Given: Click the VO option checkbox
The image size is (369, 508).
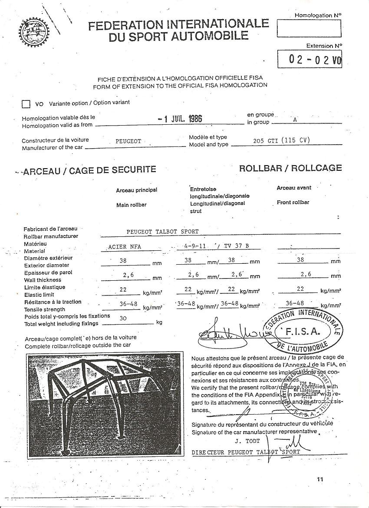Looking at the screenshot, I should pyautogui.click(x=26, y=104).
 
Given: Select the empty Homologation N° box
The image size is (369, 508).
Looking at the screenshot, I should pyautogui.click(x=309, y=29).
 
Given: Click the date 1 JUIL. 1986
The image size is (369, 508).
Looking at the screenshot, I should pyautogui.click(x=180, y=119).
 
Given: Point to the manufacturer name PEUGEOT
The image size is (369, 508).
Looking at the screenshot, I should pyautogui.click(x=128, y=142).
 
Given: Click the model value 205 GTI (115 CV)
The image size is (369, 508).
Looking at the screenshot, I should pyautogui.click(x=281, y=140).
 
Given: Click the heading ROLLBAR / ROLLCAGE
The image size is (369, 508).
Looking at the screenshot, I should pyautogui.click(x=290, y=168).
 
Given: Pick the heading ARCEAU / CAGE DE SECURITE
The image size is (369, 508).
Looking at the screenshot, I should pyautogui.click(x=89, y=170).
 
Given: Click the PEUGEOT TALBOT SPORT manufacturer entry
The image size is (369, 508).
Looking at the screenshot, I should pyautogui.click(x=162, y=232).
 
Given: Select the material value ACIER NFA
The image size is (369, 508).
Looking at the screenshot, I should pyautogui.click(x=125, y=246).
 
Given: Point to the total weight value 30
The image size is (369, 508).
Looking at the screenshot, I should pyautogui.click(x=123, y=318).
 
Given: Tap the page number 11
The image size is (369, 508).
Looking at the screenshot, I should pyautogui.click(x=320, y=479).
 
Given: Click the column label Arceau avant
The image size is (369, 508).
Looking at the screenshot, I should pyautogui.click(x=294, y=188).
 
